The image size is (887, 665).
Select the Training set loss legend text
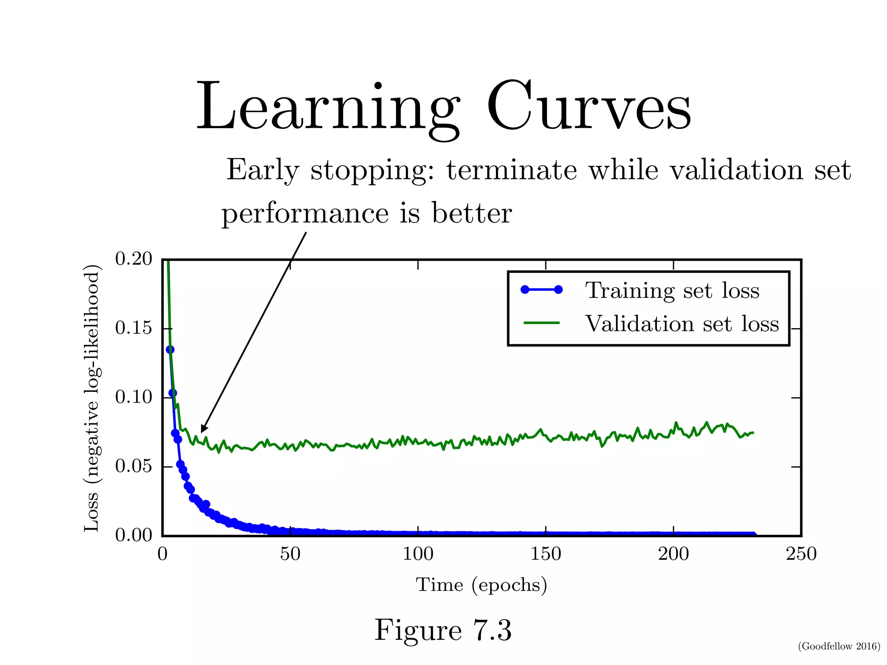[672, 291]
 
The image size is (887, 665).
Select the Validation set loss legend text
[682, 324]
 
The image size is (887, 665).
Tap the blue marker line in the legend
[541, 290]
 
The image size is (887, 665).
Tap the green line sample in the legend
[541, 323]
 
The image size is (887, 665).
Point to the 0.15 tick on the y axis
[133, 328]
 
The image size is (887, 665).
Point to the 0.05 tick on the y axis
[133, 466]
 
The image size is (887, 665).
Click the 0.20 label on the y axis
[133, 259]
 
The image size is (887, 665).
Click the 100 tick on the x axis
[418, 554]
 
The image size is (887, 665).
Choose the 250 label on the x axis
[801, 554]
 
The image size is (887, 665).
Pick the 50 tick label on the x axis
[290, 554]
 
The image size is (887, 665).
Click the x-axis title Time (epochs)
[481, 585]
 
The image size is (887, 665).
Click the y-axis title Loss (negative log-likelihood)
[92, 397]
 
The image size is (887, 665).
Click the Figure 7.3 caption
[443, 630]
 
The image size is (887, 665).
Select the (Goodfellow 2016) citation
[838, 646]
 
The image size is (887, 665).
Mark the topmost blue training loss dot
[170, 349]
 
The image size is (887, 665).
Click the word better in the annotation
[472, 213]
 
